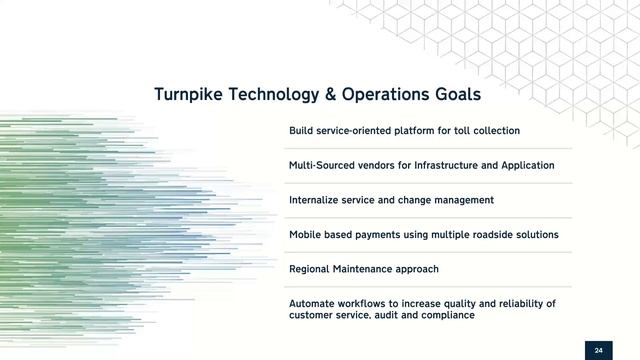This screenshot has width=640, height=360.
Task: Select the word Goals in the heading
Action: coord(456,94)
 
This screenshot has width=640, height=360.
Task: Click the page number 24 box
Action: coord(598,350)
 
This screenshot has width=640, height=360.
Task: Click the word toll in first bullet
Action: coord(460,131)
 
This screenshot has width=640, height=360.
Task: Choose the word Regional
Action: coord(311,269)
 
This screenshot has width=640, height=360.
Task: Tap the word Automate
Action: coord(312,303)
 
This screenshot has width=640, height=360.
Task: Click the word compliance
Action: coord(448,315)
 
